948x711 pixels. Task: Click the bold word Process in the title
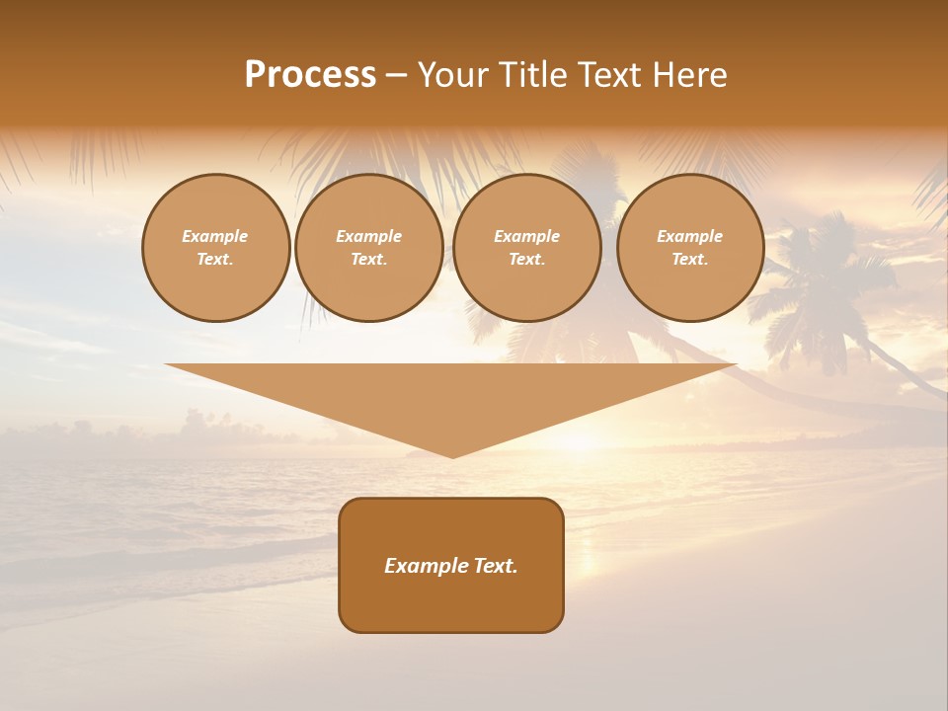[310, 75]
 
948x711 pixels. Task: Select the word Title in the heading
[534, 75]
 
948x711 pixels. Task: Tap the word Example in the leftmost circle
[215, 236]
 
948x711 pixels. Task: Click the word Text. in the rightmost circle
[689, 259]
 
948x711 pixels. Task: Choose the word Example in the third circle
[526, 236]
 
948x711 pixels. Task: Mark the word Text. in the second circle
[368, 259]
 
